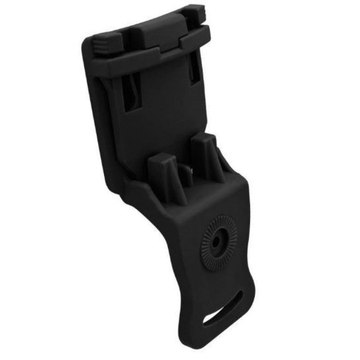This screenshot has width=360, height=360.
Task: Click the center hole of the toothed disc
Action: [218, 242]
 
